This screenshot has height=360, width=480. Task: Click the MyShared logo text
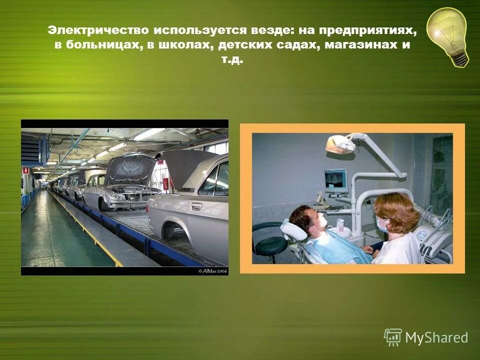tap(436, 337)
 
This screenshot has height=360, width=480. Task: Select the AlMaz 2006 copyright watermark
tap(212, 270)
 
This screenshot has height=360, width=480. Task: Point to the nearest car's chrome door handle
tap(196, 206)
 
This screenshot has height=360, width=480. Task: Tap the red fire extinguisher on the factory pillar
tap(165, 184)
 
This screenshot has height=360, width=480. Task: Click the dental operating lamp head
tap(340, 144)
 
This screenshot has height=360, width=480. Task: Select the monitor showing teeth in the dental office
tap(335, 180)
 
